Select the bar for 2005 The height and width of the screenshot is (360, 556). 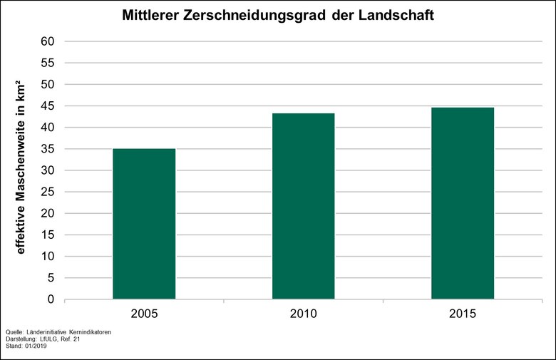point(144,224)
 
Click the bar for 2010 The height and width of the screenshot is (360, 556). point(303,206)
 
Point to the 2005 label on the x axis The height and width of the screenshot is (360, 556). point(144,314)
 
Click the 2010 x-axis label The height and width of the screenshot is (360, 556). point(303,314)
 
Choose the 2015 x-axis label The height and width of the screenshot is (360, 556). point(463,314)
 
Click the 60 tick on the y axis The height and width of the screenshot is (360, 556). point(48,41)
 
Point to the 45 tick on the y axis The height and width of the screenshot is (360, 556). point(48,106)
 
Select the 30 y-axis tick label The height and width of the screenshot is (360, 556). point(48,170)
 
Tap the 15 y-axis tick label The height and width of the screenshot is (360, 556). point(48,235)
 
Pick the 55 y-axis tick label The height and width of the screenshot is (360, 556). point(48,63)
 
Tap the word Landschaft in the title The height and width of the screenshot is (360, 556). point(397,15)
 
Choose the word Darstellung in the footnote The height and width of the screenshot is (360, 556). point(21,339)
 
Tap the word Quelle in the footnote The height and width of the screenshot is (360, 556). point(14,332)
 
